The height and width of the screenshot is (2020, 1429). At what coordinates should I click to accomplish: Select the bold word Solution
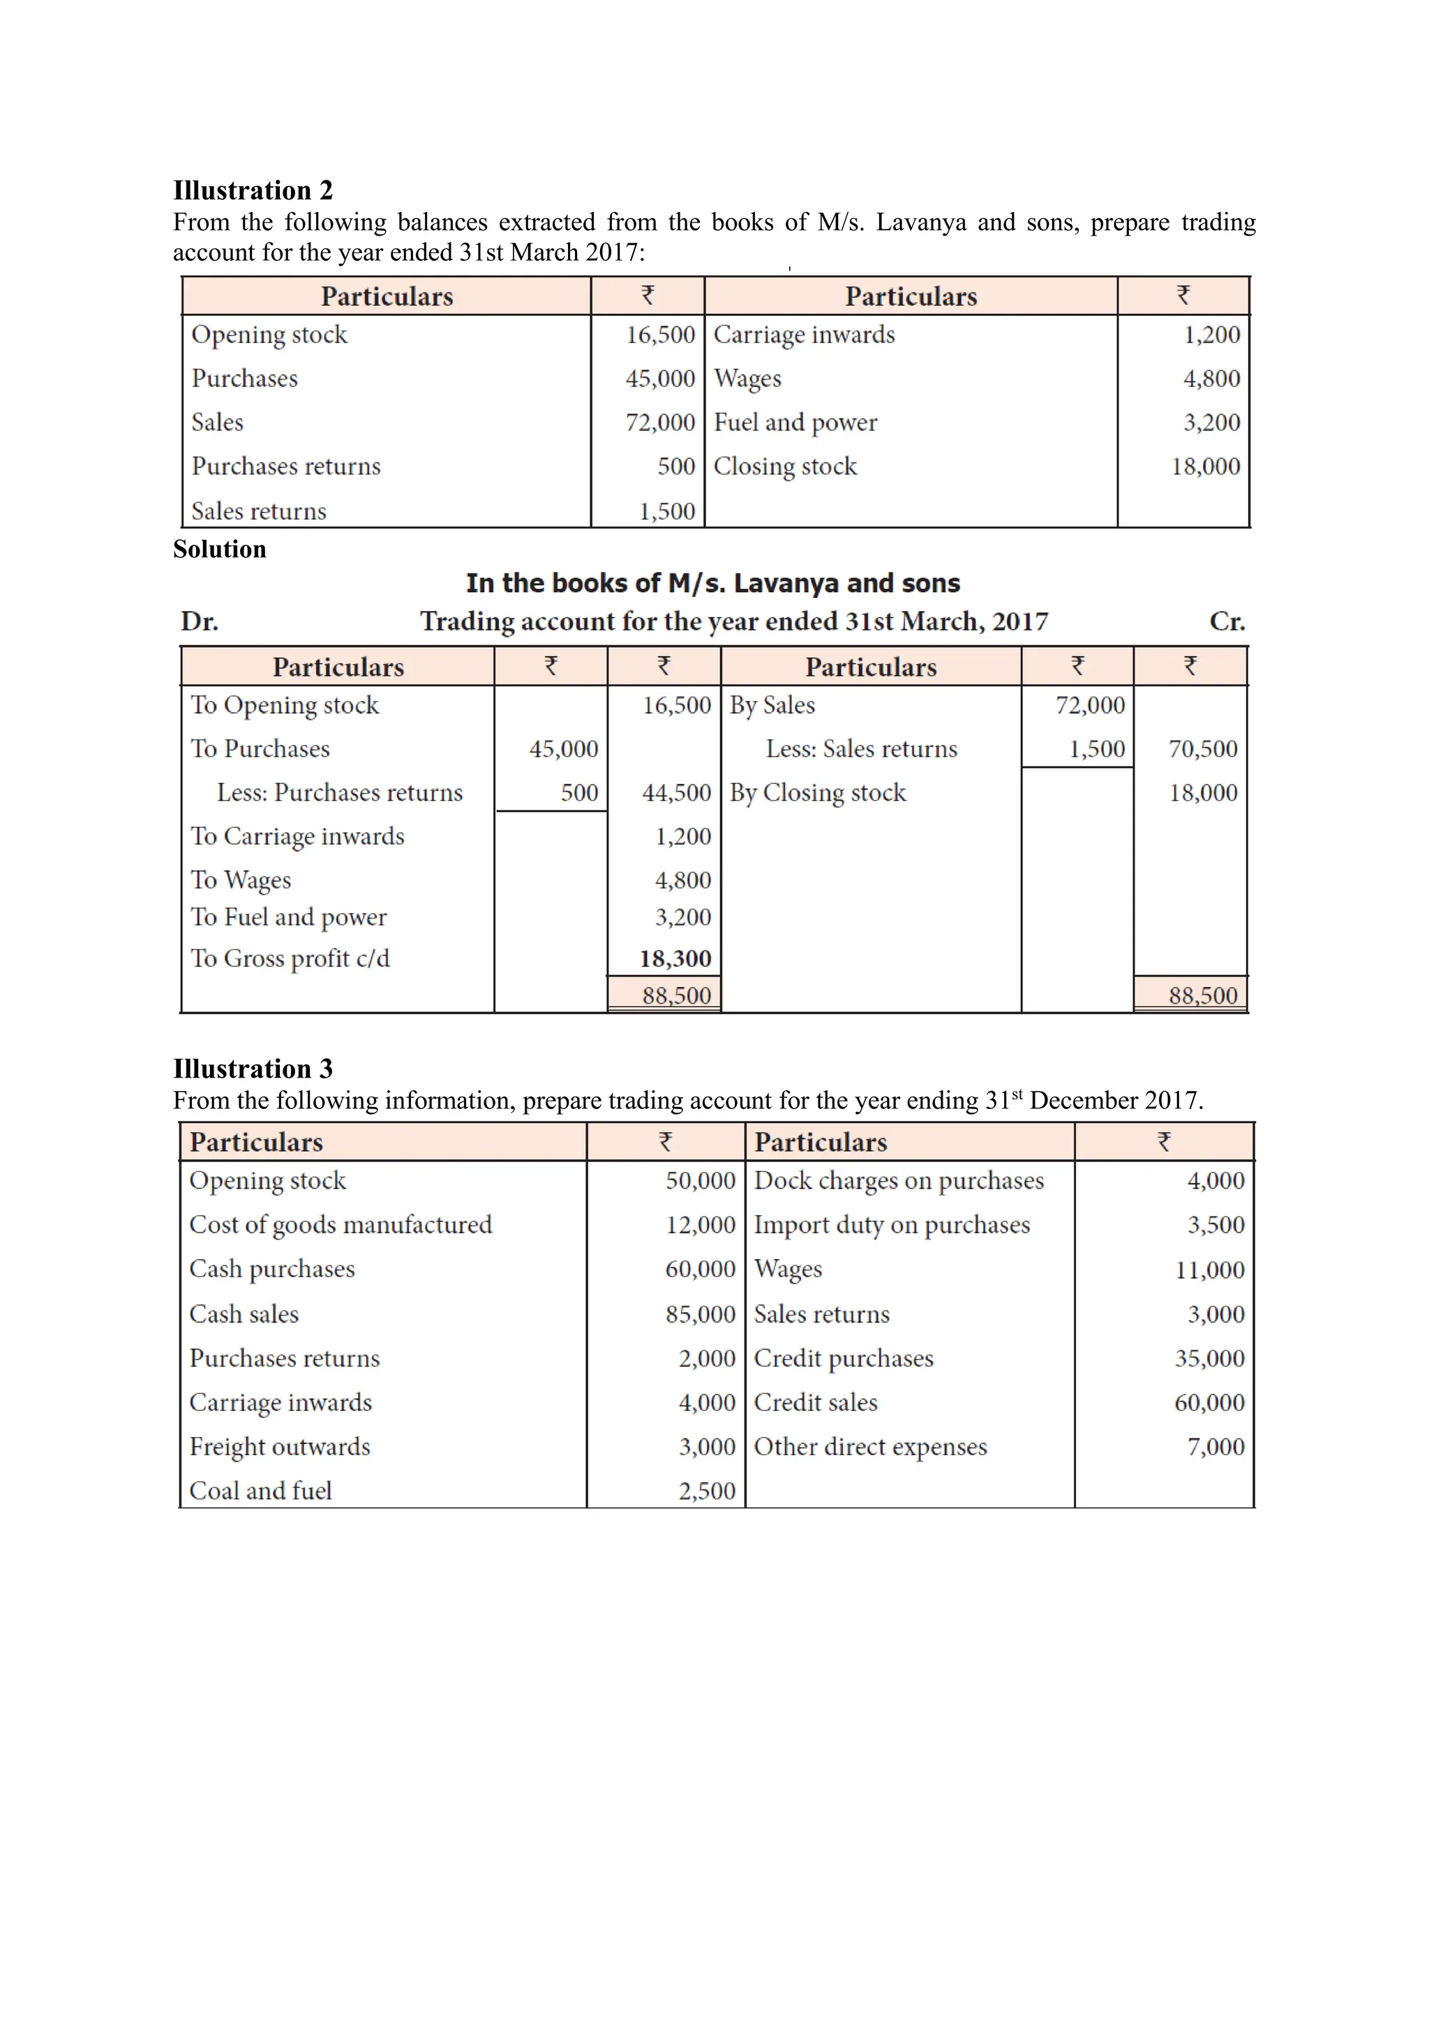click(x=219, y=549)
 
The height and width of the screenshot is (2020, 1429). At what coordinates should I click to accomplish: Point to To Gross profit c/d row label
click(x=290, y=958)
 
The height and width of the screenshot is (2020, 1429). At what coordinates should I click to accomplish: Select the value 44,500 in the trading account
click(x=676, y=792)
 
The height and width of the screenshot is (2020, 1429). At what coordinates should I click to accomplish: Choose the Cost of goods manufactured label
click(x=341, y=1225)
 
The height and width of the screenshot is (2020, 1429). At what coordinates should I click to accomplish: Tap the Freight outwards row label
click(x=280, y=1447)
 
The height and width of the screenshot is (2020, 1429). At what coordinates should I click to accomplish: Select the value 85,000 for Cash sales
click(x=700, y=1313)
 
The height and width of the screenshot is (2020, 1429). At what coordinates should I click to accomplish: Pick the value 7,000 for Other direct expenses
click(x=1215, y=1447)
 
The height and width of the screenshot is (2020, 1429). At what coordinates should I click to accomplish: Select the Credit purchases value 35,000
click(x=1209, y=1357)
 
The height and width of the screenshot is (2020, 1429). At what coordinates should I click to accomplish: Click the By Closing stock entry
click(x=818, y=792)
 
